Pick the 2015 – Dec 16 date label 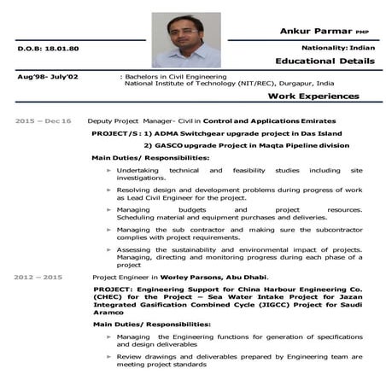coord(44,120)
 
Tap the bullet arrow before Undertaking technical coord(108,171)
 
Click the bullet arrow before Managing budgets coord(108,209)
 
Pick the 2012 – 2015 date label coord(39,277)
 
